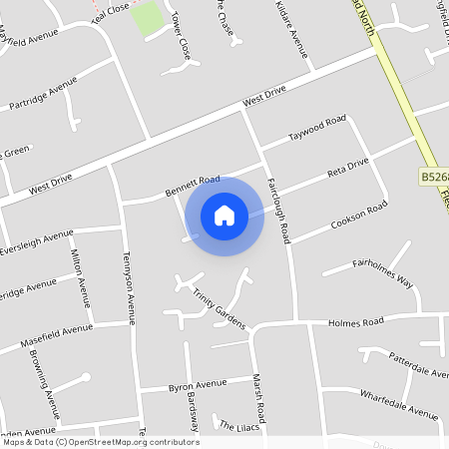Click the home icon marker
(x=224, y=216)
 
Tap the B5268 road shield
(x=433, y=177)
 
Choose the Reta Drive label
(x=348, y=169)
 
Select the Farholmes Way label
(x=381, y=273)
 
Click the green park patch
(x=148, y=18)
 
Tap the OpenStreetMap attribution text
(x=100, y=441)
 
